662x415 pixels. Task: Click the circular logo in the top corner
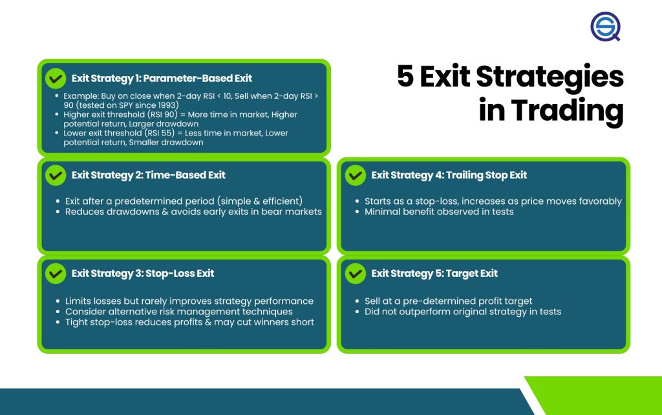pyautogui.click(x=605, y=26)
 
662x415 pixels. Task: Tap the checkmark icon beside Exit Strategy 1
pyautogui.click(x=56, y=78)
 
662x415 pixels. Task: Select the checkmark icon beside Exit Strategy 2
pyautogui.click(x=56, y=176)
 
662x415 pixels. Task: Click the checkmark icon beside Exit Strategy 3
pyautogui.click(x=56, y=274)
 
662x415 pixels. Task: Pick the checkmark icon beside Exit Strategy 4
pyautogui.click(x=356, y=176)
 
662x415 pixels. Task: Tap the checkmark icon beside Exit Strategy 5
pyautogui.click(x=356, y=274)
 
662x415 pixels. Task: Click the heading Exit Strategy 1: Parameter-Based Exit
pyautogui.click(x=162, y=78)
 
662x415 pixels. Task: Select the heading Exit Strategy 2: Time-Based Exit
pyautogui.click(x=149, y=176)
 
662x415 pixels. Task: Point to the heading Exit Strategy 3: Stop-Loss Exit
pyautogui.click(x=143, y=274)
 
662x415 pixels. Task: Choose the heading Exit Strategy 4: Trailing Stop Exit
pyautogui.click(x=449, y=176)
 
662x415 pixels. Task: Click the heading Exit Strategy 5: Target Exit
pyautogui.click(x=434, y=274)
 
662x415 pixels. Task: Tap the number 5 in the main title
pyautogui.click(x=405, y=76)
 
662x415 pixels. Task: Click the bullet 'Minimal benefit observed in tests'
pyautogui.click(x=439, y=212)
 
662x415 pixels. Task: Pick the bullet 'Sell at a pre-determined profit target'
pyautogui.click(x=449, y=301)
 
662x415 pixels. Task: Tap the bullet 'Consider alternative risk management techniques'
pyautogui.click(x=179, y=312)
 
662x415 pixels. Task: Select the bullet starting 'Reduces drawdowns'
pyautogui.click(x=193, y=212)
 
